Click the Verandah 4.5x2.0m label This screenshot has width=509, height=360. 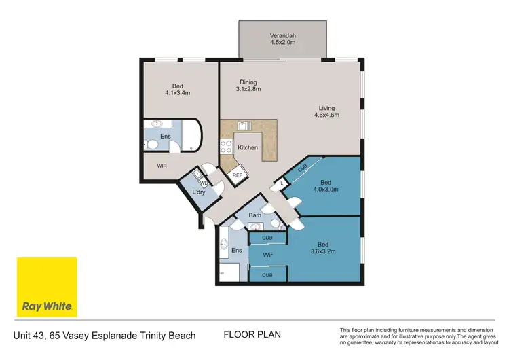283,39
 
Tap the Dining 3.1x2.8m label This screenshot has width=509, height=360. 248,86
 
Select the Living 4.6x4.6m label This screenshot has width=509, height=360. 326,111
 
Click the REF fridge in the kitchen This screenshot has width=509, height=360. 238,175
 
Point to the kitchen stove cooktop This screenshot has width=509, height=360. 226,146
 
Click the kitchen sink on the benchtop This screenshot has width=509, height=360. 244,126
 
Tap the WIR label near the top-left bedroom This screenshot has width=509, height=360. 162,166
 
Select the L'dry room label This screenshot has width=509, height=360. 199,192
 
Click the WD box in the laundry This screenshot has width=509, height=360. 204,183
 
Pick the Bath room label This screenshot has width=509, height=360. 254,215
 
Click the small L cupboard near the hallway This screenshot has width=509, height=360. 281,183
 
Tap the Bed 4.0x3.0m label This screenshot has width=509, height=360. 326,186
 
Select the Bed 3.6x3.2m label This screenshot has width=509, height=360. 323,248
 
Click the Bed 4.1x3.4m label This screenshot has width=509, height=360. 178,90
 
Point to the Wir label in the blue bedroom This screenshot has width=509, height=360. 268,255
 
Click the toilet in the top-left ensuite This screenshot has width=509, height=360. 151,144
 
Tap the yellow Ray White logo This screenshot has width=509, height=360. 47,287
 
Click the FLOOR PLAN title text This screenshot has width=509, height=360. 252,335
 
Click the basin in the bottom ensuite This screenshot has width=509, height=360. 224,243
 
